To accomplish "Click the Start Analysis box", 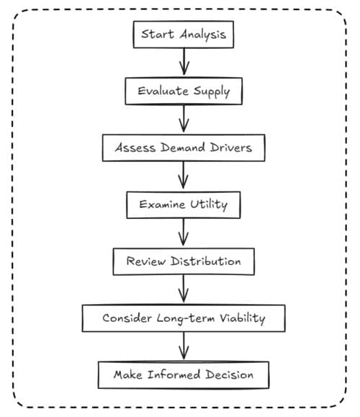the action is (184, 35).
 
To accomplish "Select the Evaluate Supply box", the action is (184, 91).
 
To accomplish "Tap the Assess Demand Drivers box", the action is (184, 148).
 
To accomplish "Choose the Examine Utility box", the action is (184, 205).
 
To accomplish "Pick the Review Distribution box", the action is (184, 261).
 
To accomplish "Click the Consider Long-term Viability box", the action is (184, 318).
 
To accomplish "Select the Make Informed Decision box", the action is (184, 375).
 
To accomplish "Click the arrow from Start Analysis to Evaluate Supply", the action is (184, 62).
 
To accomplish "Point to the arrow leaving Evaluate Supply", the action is (184, 118).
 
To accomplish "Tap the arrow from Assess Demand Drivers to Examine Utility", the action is (183, 175).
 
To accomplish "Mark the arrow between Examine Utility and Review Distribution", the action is (183, 232).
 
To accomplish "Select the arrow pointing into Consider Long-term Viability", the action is (184, 289).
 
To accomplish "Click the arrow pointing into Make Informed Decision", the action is (184, 346).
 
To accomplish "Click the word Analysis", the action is (202, 35).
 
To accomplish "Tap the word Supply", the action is (212, 91).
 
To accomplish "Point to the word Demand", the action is (183, 148).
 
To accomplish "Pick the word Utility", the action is (209, 205).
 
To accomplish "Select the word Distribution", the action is (206, 261).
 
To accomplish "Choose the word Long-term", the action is (186, 318).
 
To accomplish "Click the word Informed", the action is (174, 375).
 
